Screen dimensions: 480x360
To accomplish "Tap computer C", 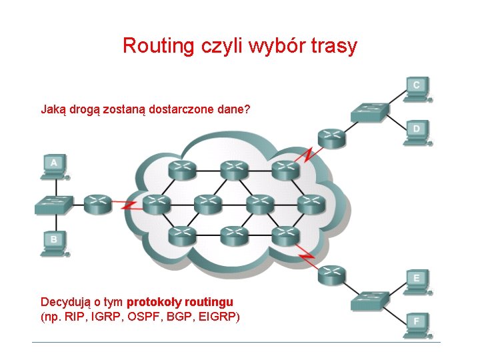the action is pyautogui.click(x=417, y=89).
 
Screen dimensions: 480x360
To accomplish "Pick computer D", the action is pyautogui.click(x=417, y=131).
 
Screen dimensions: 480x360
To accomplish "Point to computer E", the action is pyautogui.click(x=417, y=281).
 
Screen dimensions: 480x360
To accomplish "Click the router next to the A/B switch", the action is pyautogui.click(x=98, y=204).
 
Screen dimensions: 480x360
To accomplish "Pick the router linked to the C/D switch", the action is pyautogui.click(x=331, y=137).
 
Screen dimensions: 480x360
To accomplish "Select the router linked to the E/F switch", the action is pyautogui.click(x=331, y=275).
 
